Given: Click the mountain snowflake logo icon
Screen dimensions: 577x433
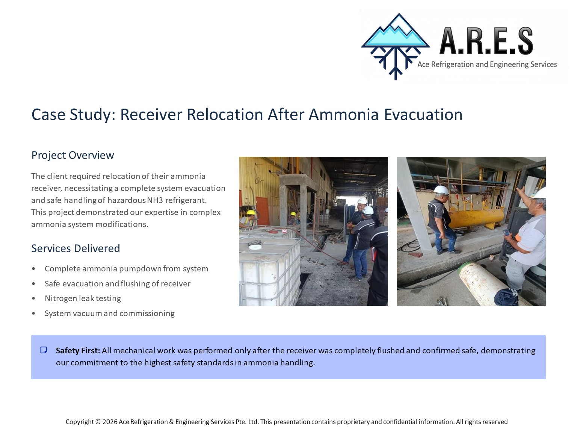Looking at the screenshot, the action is [x=395, y=46].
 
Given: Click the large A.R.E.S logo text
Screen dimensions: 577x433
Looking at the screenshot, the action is [x=486, y=41].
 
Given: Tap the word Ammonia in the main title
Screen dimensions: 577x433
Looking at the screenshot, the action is [x=343, y=115].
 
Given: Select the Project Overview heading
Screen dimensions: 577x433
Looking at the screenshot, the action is [x=73, y=155].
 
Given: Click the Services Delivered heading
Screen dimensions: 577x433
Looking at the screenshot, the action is [x=76, y=248].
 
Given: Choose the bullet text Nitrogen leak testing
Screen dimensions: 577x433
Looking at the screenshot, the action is [x=83, y=298].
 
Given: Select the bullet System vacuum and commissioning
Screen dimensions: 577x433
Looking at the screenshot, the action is [x=110, y=313].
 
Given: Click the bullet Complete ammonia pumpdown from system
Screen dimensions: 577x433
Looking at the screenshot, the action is [x=127, y=269].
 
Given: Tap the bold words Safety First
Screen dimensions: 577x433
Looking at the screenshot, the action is [x=78, y=350].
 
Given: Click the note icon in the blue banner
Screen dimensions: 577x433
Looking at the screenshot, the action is [x=44, y=350].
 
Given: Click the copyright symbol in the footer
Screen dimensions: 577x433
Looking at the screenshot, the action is [x=98, y=422].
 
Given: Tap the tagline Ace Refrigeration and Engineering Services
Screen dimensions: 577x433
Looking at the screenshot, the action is [x=487, y=64].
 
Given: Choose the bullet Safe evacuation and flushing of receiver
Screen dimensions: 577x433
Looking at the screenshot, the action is [x=118, y=284].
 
